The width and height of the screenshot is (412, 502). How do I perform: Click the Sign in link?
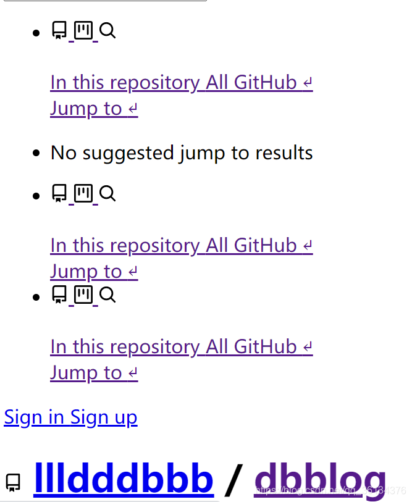coord(34,417)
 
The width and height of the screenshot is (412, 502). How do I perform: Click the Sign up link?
coord(104,417)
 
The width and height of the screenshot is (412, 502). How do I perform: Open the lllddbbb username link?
coord(124,478)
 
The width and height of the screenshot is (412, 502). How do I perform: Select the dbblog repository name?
coord(320,478)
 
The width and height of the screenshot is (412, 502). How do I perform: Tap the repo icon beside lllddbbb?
coord(13,482)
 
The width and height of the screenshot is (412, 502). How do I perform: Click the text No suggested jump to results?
coord(182,153)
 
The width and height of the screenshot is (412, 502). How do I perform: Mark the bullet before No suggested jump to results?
coord(37,153)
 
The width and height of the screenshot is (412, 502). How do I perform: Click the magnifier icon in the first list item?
coord(107,30)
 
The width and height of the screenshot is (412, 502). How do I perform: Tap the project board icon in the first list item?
coord(83,30)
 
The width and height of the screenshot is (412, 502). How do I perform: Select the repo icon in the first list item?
coord(59,30)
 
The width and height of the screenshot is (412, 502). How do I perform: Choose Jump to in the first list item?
coord(86,109)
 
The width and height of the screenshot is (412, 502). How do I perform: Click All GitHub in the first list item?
coord(251,82)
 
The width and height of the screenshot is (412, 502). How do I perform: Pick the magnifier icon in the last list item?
coord(107,295)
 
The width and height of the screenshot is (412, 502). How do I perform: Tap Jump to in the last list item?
coord(86,373)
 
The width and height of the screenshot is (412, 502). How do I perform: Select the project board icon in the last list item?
coord(83,295)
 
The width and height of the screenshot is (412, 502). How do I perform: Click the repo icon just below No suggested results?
coord(59,193)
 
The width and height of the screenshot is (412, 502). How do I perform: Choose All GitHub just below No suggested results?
coord(251,245)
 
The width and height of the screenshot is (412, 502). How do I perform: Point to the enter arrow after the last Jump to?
coord(132,374)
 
